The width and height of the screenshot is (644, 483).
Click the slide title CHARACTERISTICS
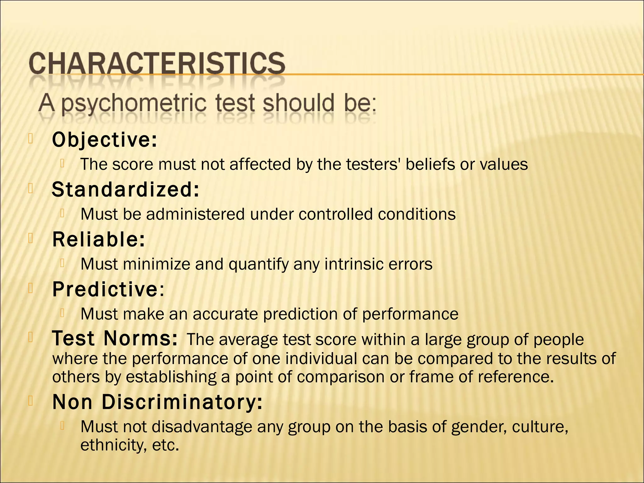point(157,64)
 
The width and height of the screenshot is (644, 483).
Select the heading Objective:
point(104,140)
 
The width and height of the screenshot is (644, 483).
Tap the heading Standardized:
point(125,190)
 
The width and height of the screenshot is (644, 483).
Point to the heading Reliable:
point(98,240)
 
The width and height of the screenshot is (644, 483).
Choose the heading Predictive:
point(108,289)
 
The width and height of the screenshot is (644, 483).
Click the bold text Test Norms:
point(115,339)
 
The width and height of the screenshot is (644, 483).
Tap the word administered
point(195,214)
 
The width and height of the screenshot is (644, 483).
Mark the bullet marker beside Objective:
point(31,139)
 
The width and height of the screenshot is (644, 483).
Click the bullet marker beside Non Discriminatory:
point(31,401)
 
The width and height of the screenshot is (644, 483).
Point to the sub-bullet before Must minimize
point(63,263)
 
